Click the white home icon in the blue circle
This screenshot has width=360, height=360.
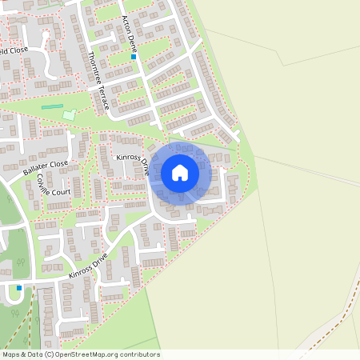180,172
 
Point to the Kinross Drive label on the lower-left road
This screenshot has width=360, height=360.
88,265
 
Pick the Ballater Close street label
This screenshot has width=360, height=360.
46,168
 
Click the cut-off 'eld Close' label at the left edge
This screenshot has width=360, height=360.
14,50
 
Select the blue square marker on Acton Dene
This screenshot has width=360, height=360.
134,57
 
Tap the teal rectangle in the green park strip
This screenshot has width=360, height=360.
52,106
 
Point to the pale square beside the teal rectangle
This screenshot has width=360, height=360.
69,115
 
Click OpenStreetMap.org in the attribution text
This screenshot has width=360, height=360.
94,354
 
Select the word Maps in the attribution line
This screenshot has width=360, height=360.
12,354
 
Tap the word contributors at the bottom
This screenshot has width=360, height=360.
141,354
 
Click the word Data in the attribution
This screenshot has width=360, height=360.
36,354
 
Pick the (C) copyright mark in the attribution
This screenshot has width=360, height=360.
50,354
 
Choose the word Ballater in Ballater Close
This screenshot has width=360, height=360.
36,172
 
